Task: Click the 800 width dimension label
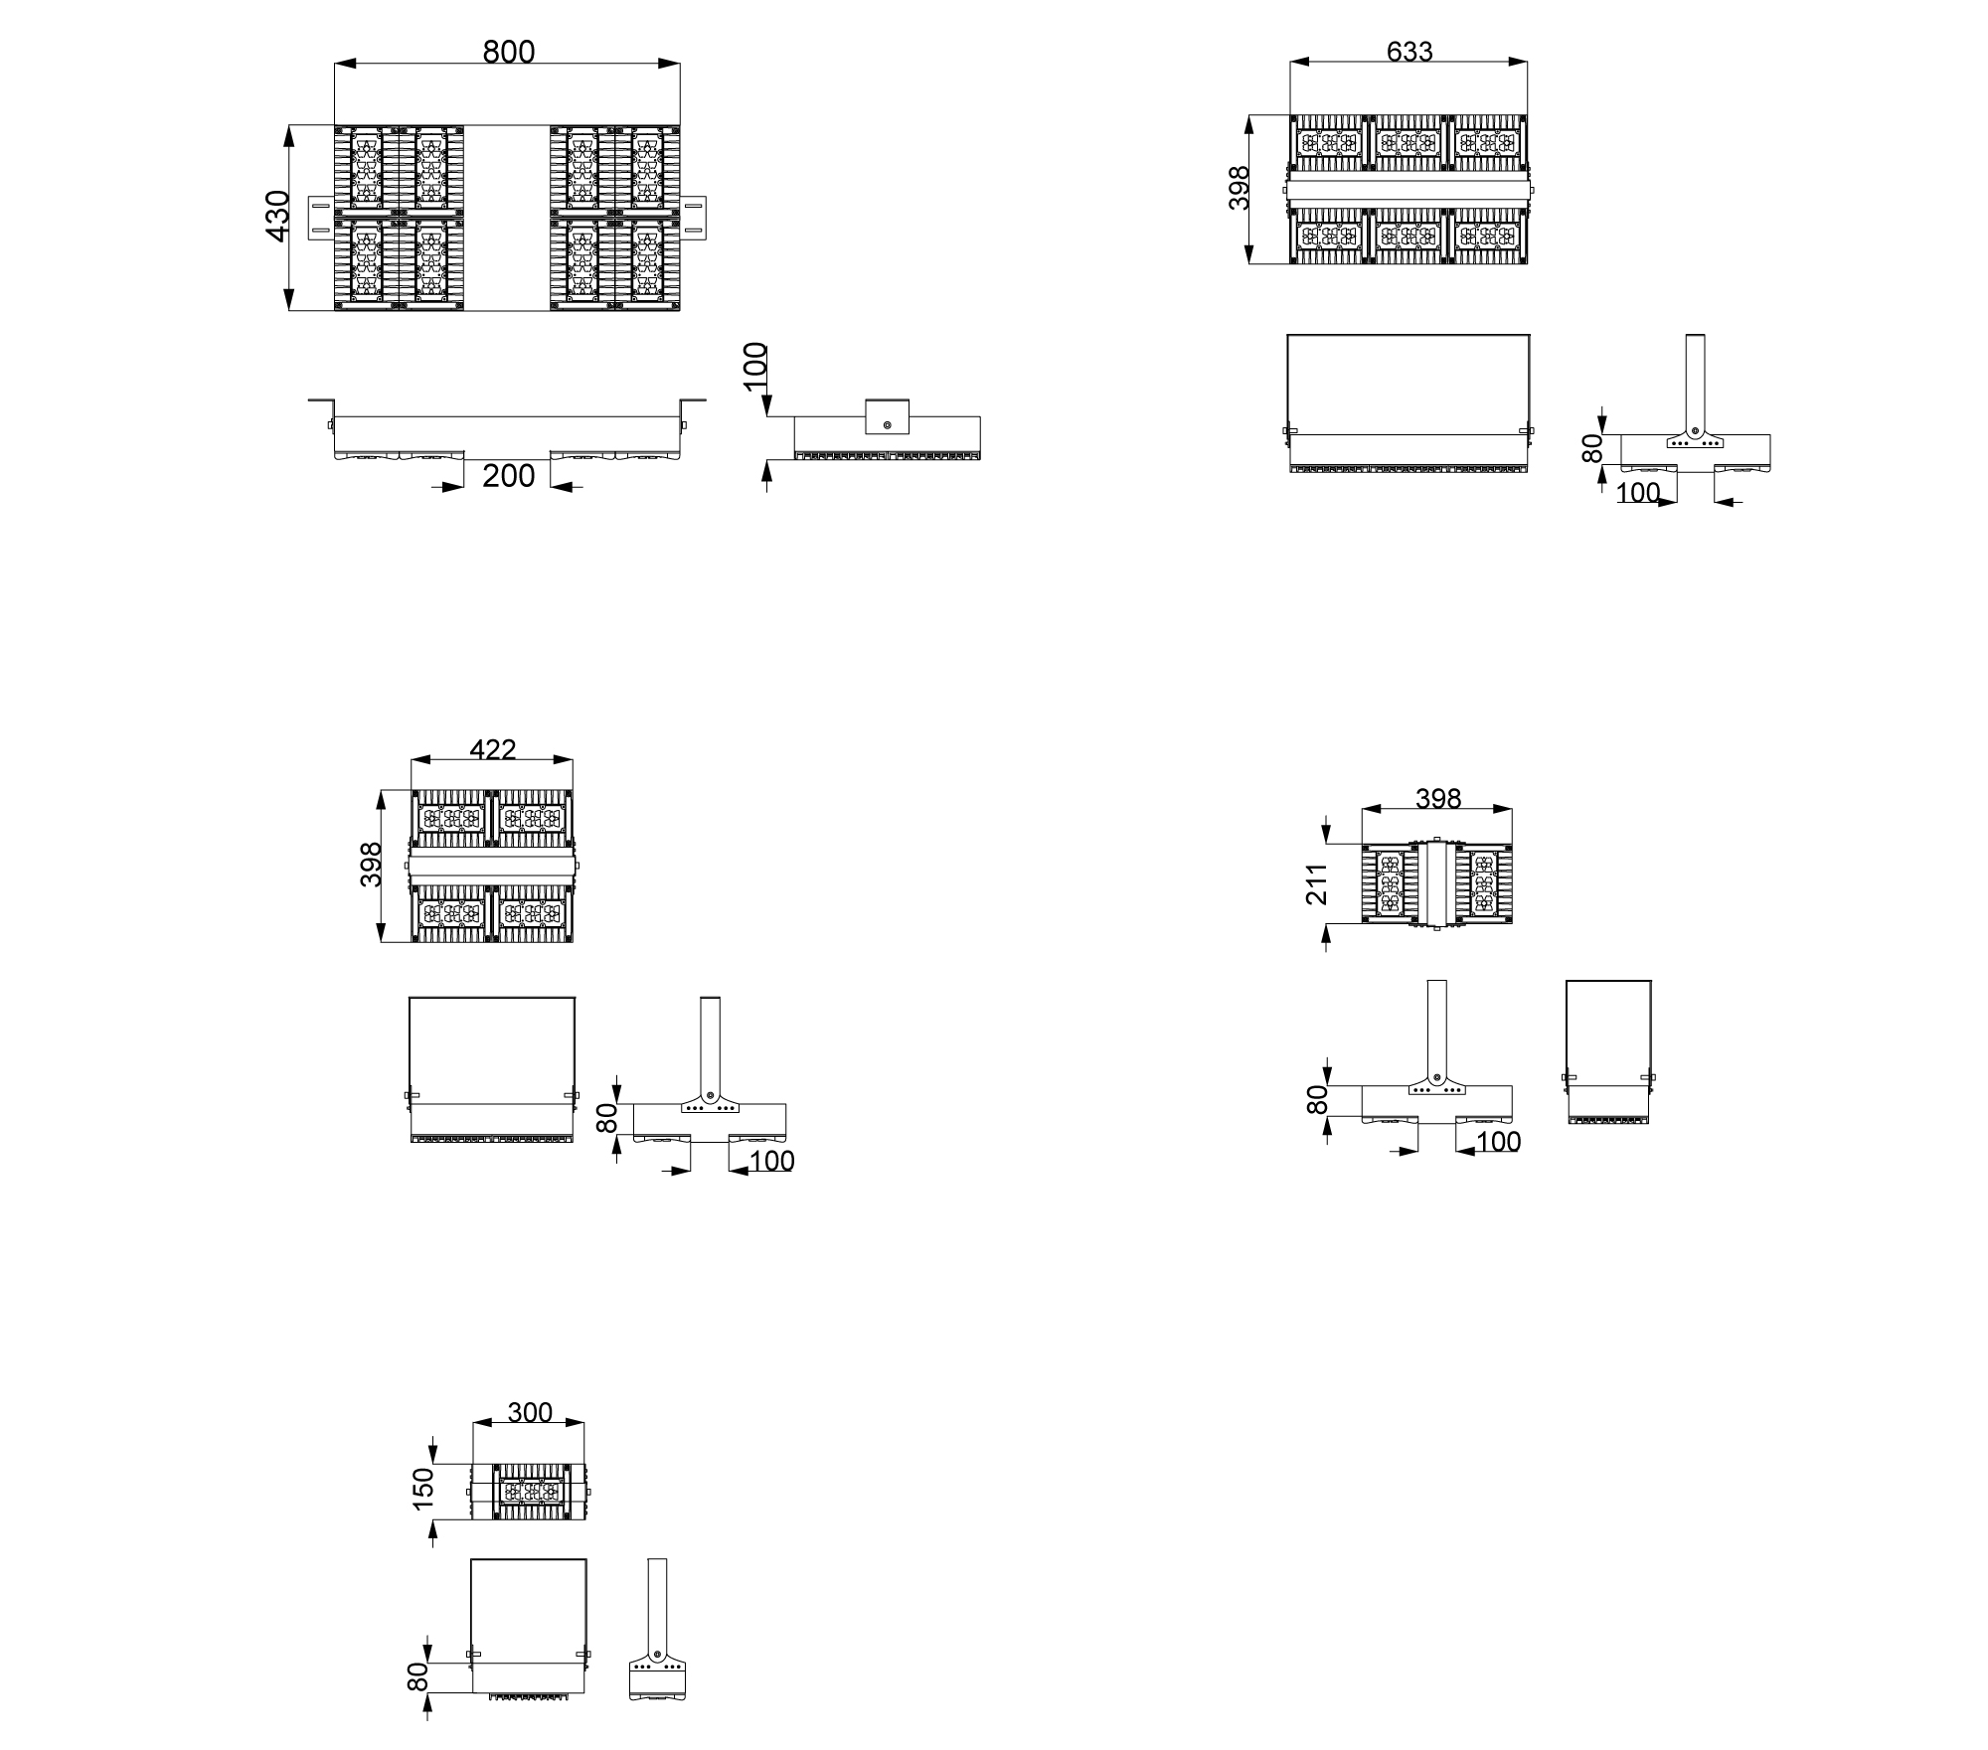tap(508, 52)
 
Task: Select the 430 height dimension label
tap(277, 215)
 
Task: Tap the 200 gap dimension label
tap(508, 476)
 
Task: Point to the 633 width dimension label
tap(1409, 52)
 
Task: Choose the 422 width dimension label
tap(493, 749)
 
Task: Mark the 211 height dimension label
tap(1317, 883)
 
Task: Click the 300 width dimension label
tap(530, 1412)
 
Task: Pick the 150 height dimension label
tap(423, 1489)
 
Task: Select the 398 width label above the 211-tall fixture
tap(1437, 798)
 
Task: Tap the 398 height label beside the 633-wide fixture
tap(1240, 188)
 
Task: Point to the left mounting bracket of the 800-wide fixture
tap(320, 218)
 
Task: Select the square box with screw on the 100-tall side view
tap(887, 416)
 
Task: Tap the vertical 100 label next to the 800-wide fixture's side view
tap(756, 366)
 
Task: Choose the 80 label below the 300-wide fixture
tap(418, 1676)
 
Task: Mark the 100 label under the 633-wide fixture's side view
tap(1638, 493)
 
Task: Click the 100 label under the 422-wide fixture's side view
tap(772, 1161)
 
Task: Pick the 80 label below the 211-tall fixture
tap(1317, 1099)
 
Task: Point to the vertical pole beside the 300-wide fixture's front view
tap(657, 1608)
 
